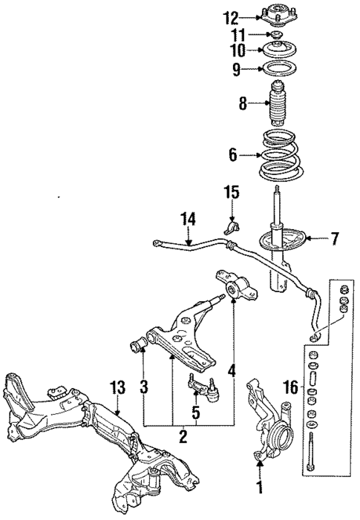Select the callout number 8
pyautogui.click(x=240, y=104)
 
